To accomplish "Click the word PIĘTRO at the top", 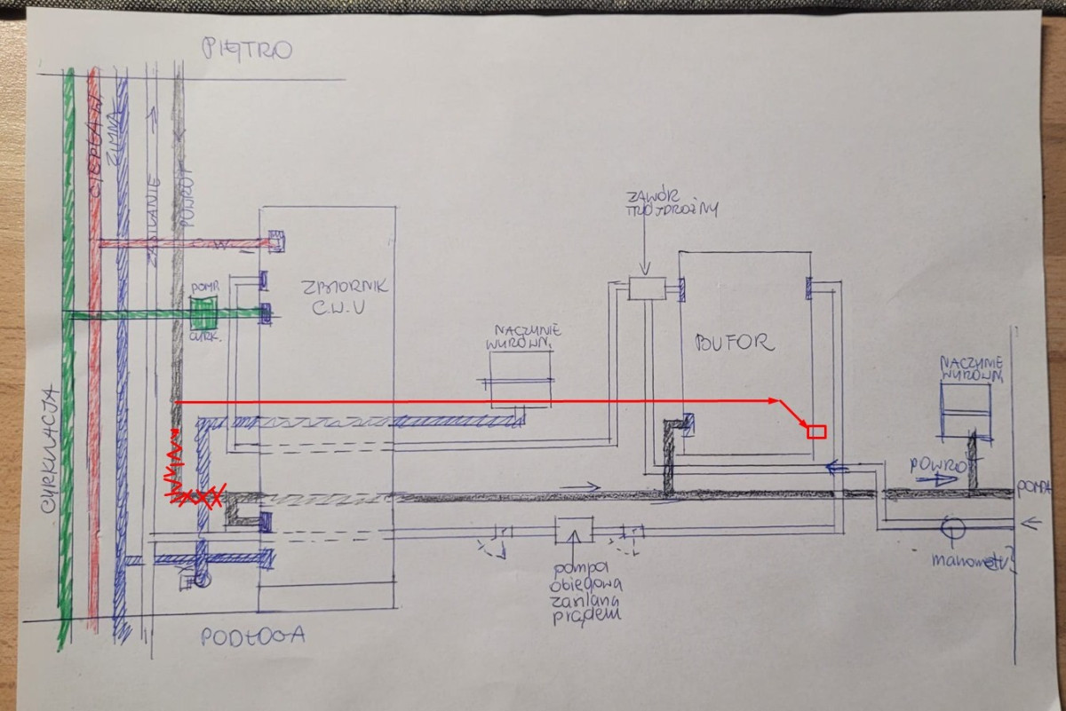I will tap(246, 48).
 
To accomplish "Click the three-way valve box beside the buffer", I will tap(646, 287).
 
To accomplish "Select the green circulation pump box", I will tap(204, 313).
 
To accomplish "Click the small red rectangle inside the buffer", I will tap(816, 432).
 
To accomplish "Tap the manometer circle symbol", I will tap(951, 527).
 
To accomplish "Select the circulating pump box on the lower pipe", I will tap(573, 531).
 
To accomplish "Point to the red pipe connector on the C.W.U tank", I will tap(275, 240).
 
